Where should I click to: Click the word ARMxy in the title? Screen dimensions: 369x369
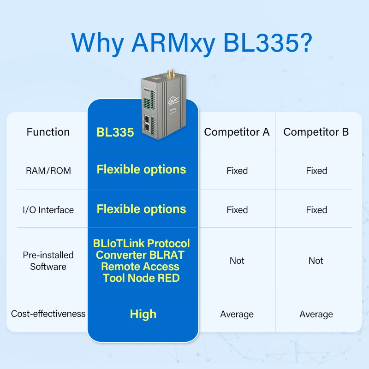pyautogui.click(x=173, y=43)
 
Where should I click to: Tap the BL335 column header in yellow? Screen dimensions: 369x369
pyautogui.click(x=115, y=132)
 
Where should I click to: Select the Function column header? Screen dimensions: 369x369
pyautogui.click(x=48, y=132)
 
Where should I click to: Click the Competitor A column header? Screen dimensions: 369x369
pyautogui.click(x=237, y=132)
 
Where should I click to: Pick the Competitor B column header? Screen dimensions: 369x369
pyautogui.click(x=316, y=132)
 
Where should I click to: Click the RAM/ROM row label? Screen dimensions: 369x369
pyautogui.click(x=48, y=171)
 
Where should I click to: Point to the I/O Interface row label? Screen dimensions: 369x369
pyautogui.click(x=48, y=210)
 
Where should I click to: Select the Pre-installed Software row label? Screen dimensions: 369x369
pyautogui.click(x=48, y=261)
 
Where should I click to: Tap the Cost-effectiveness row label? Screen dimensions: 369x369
pyautogui.click(x=48, y=314)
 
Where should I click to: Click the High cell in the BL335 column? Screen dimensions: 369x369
pyautogui.click(x=143, y=314)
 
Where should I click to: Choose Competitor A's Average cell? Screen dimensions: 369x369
pyautogui.click(x=237, y=314)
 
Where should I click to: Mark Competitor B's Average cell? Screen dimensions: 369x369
pyautogui.click(x=316, y=314)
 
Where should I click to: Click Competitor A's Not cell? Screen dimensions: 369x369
pyautogui.click(x=237, y=261)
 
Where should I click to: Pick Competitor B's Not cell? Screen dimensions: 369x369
pyautogui.click(x=316, y=261)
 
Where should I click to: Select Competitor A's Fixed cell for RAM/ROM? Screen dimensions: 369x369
pyautogui.click(x=237, y=171)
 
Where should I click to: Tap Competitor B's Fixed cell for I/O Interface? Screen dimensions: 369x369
pyautogui.click(x=316, y=210)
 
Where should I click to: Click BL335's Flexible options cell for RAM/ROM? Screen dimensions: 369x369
pyautogui.click(x=141, y=169)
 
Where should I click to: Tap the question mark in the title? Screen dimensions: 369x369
pyautogui.click(x=304, y=43)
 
